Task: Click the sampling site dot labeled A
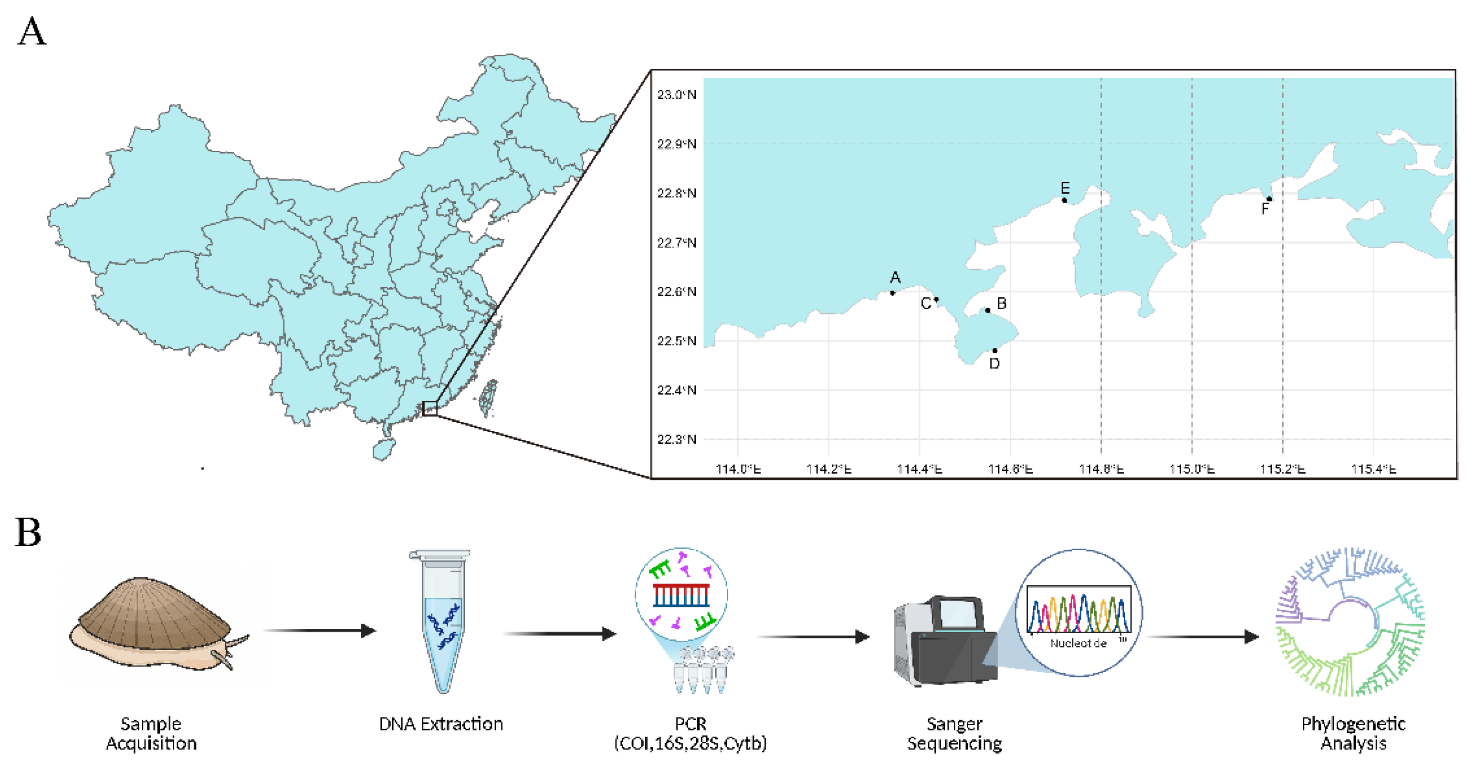(x=892, y=293)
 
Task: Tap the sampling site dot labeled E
(x=1064, y=200)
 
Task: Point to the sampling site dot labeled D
(x=994, y=350)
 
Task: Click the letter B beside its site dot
(x=1002, y=303)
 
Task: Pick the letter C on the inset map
(x=925, y=303)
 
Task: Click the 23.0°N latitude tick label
(x=676, y=94)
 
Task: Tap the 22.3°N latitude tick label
(x=676, y=439)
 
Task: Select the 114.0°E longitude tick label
(x=738, y=469)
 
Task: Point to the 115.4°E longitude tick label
(x=1374, y=469)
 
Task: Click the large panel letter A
(x=31, y=31)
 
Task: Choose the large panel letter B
(x=28, y=532)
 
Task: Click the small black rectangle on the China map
(x=429, y=409)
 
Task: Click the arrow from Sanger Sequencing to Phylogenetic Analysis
(x=1203, y=637)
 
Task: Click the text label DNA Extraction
(x=441, y=724)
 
